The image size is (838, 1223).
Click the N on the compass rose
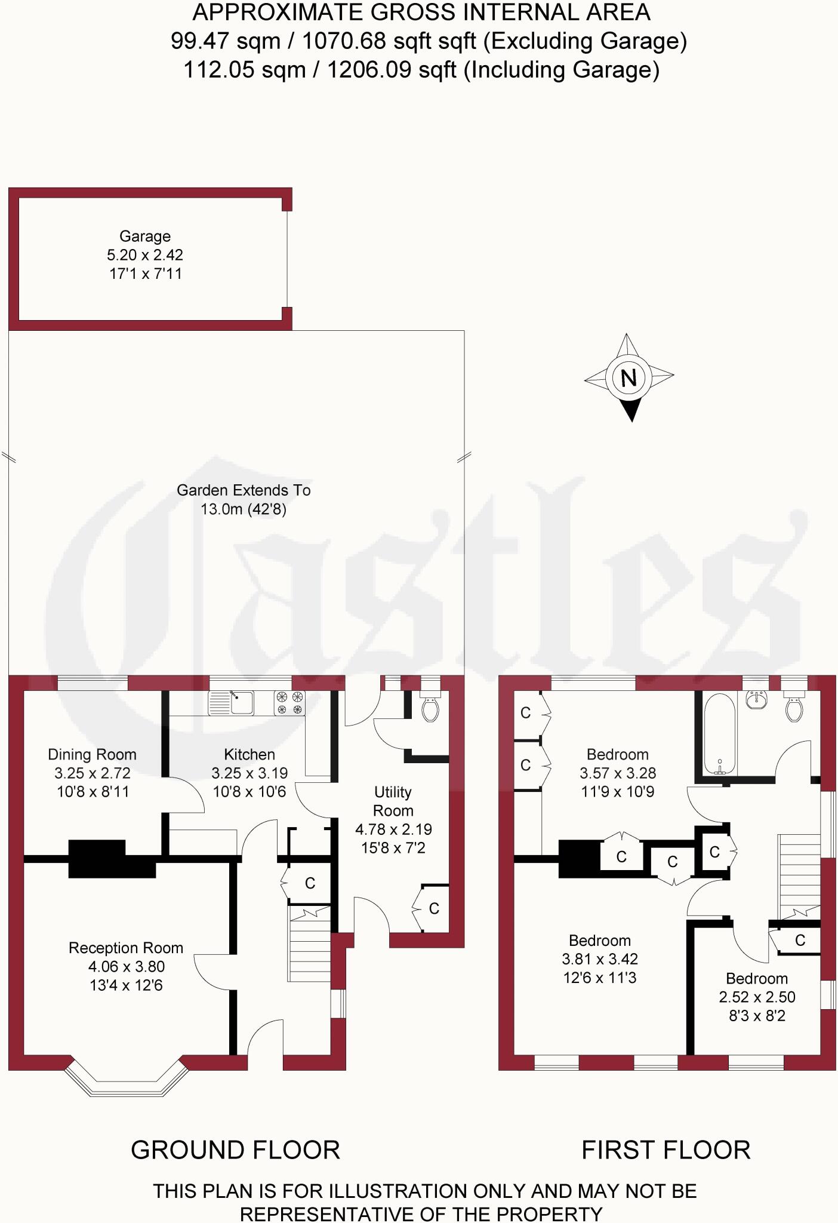(x=628, y=377)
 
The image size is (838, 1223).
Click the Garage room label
(x=145, y=236)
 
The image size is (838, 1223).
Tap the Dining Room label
(x=92, y=755)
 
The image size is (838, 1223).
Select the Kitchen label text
(x=249, y=755)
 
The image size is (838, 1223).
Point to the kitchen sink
(x=231, y=703)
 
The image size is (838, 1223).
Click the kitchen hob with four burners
(x=289, y=703)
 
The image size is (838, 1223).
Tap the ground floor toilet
(x=430, y=708)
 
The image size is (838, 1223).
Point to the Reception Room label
(x=126, y=948)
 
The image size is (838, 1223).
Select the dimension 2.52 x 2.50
(x=757, y=997)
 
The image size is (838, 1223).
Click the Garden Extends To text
(x=244, y=491)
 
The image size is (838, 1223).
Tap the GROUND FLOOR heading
(x=235, y=1150)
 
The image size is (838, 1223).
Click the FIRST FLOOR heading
(x=666, y=1150)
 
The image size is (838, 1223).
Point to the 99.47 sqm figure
(x=226, y=41)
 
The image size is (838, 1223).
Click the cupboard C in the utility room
(x=434, y=908)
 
